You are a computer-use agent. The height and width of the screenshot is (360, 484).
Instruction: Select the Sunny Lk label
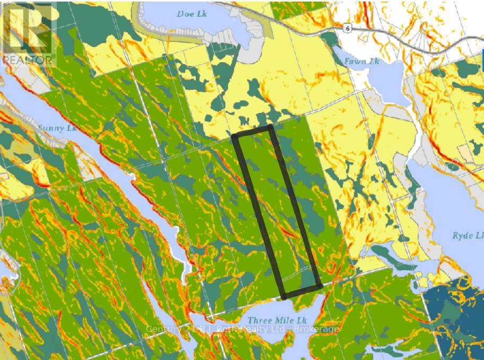point(57,128)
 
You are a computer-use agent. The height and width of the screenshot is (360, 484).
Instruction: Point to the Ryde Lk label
point(468,235)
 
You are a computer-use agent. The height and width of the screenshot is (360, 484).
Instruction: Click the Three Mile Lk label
point(278,320)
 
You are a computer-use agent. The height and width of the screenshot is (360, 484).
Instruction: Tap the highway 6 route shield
point(347,28)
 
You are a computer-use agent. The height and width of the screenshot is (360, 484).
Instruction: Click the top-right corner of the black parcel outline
point(271,128)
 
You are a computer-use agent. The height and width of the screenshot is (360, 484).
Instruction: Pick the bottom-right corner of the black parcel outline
point(319,286)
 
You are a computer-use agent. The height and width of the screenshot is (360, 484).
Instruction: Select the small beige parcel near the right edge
point(465,152)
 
